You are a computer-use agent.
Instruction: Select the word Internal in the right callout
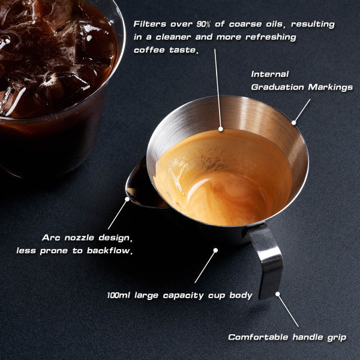[x=270, y=74]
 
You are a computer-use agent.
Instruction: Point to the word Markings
[x=331, y=87]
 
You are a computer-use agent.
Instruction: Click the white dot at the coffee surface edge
[x=221, y=128]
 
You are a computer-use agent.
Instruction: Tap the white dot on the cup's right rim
[x=294, y=123]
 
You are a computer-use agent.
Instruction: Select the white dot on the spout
[x=127, y=197]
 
